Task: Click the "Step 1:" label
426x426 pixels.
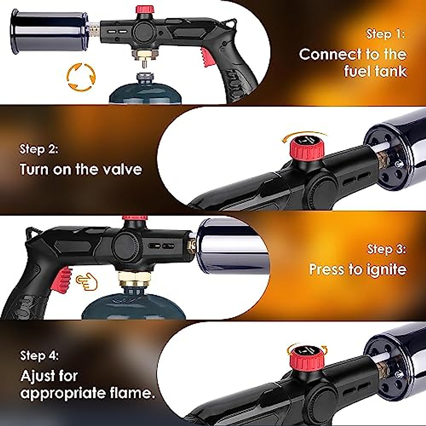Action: tap(385, 34)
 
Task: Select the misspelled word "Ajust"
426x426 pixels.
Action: tap(49, 376)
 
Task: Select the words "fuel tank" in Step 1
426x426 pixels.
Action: tap(375, 71)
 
